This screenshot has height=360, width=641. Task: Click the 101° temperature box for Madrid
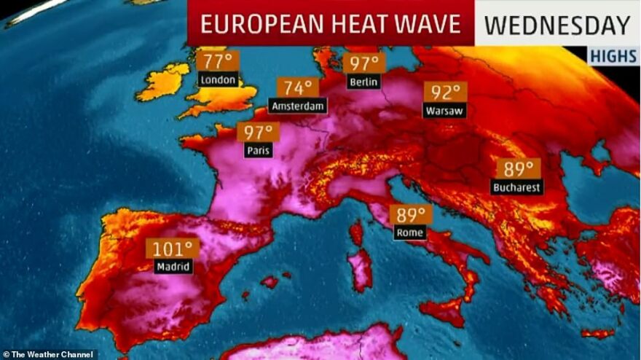[x=173, y=249]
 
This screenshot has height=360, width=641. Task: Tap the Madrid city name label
[x=173, y=267]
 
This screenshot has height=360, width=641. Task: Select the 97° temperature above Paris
[x=259, y=133]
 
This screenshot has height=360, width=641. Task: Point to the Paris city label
[x=259, y=151]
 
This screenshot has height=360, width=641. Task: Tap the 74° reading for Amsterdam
[x=298, y=88]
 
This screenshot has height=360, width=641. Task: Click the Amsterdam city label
[x=298, y=106]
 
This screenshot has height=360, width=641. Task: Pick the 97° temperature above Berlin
[x=364, y=63]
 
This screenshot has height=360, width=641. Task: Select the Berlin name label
[x=364, y=82]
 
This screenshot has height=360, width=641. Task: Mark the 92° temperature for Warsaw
[x=445, y=93]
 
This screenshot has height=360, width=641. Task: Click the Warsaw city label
[x=444, y=111]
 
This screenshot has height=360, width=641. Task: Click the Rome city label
[x=409, y=233]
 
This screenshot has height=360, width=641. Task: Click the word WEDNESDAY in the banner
[x=557, y=25]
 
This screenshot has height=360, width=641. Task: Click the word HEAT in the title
[x=353, y=24]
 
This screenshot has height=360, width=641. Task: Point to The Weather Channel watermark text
[x=48, y=354]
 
